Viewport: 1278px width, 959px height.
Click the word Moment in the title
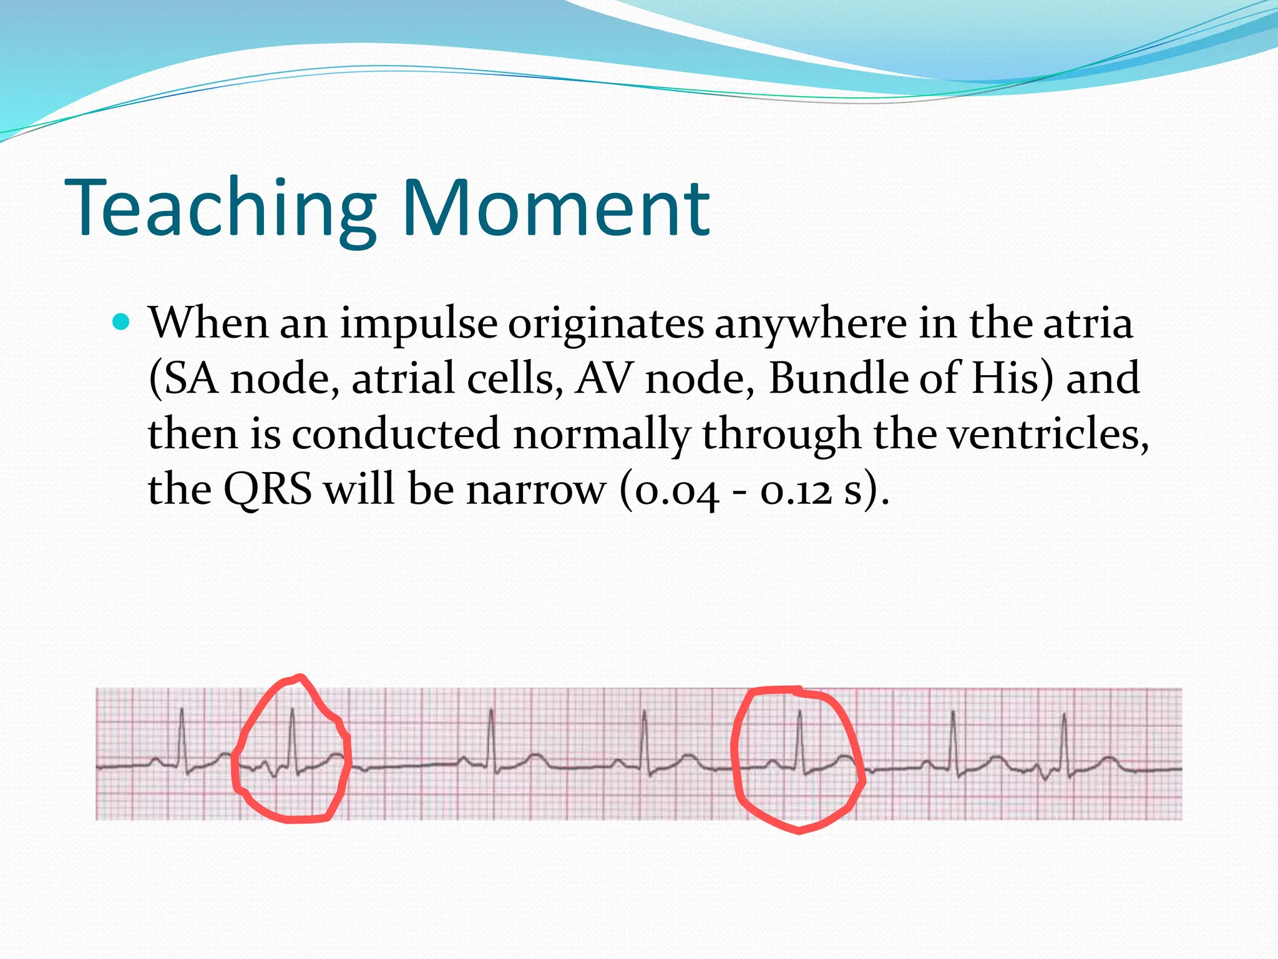click(555, 209)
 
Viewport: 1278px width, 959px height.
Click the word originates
click(605, 325)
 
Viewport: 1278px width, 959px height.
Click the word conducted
click(396, 433)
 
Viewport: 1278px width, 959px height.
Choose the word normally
click(601, 435)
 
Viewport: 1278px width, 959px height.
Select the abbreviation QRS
click(268, 489)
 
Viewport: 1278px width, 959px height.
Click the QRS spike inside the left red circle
click(293, 737)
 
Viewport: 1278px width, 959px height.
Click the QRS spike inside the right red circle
click(799, 740)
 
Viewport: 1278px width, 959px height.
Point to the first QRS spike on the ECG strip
click(182, 737)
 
